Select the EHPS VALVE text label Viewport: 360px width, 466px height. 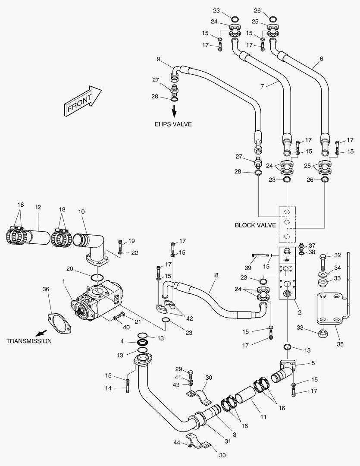click(173, 124)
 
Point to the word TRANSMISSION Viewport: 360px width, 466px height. click(29, 341)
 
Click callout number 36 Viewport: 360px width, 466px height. click(46, 290)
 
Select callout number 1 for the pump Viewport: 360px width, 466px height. click(64, 281)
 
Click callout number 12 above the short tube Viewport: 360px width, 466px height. click(38, 208)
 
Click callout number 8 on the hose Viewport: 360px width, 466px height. click(216, 274)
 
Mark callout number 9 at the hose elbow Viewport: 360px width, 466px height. click(159, 59)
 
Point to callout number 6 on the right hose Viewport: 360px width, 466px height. click(321, 58)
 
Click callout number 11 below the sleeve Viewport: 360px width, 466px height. click(263, 417)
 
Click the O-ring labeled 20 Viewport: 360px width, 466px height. click(98, 276)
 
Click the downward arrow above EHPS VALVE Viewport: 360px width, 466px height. click(175, 111)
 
